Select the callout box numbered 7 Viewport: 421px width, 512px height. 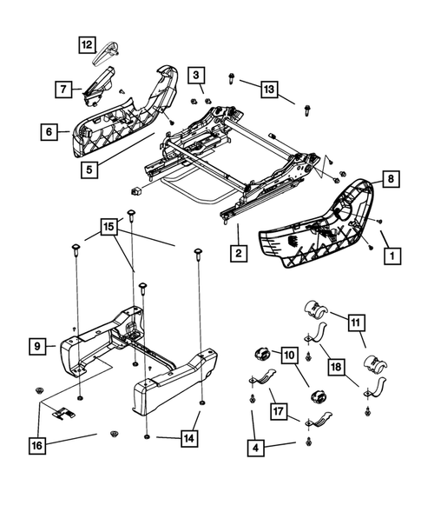(x=63, y=88)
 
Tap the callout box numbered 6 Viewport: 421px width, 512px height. (x=49, y=132)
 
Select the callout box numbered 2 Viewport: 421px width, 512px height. (x=235, y=254)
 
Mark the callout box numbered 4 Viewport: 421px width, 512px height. (x=254, y=451)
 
